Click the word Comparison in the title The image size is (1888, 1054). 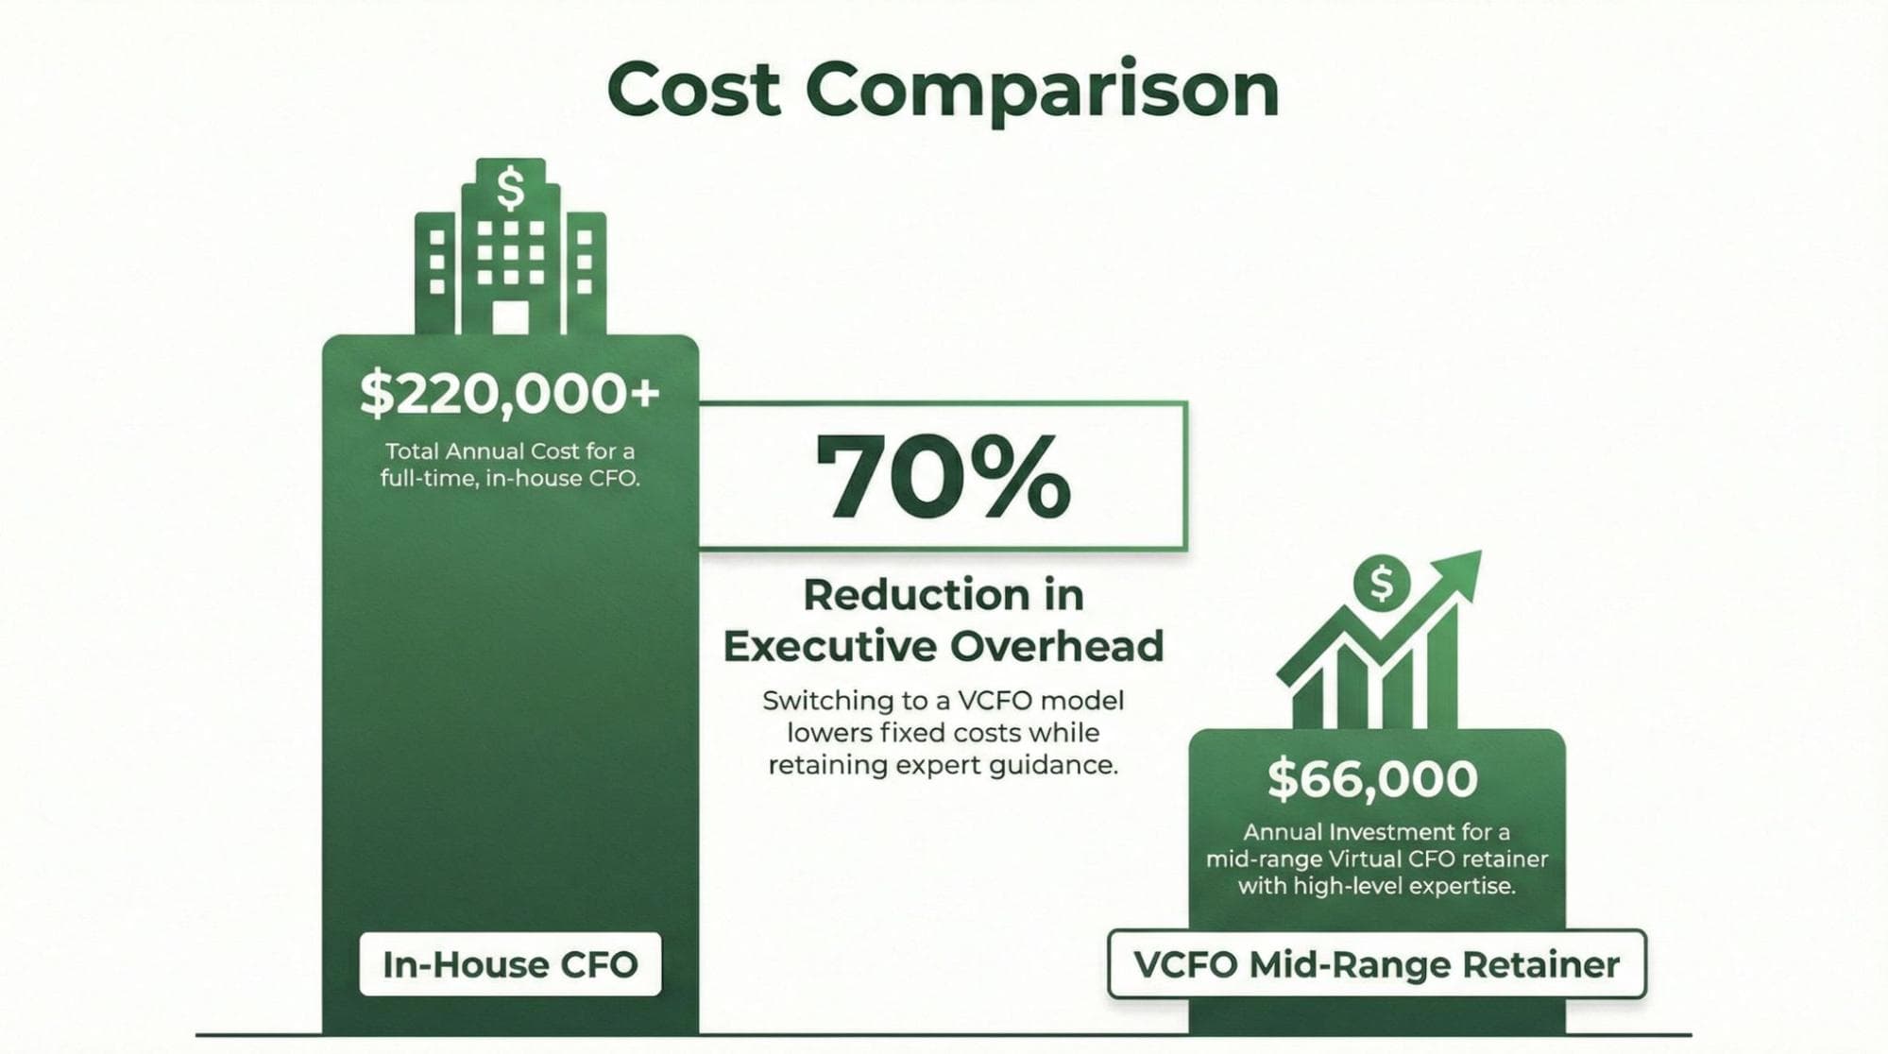pyautogui.click(x=1042, y=91)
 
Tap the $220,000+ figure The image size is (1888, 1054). pyautogui.click(x=509, y=393)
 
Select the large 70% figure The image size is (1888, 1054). pyautogui.click(x=943, y=477)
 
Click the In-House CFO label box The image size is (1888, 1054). pyautogui.click(x=510, y=964)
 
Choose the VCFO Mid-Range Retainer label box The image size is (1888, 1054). pyautogui.click(x=1376, y=964)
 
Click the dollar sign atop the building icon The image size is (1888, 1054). pyautogui.click(x=511, y=188)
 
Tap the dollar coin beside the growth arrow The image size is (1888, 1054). pyautogui.click(x=1381, y=584)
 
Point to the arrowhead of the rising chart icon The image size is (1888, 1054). pyautogui.click(x=1458, y=572)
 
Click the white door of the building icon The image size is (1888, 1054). pyautogui.click(x=511, y=317)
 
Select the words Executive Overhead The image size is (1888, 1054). pyautogui.click(x=943, y=647)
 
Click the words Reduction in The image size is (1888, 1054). pyautogui.click(x=943, y=595)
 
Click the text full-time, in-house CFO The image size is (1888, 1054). pyautogui.click(x=510, y=479)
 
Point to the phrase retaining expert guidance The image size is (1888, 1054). pyautogui.click(x=943, y=765)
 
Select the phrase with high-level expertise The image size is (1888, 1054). pyautogui.click(x=1376, y=887)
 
